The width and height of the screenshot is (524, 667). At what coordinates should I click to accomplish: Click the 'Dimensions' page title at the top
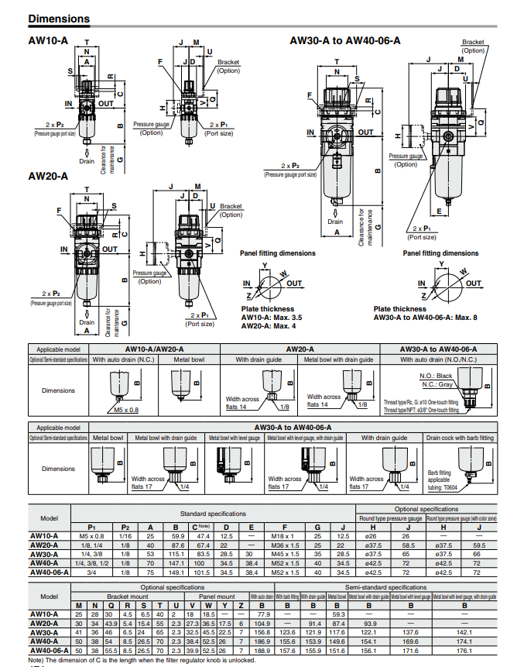[58, 18]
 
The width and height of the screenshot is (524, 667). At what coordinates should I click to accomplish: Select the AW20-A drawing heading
[47, 176]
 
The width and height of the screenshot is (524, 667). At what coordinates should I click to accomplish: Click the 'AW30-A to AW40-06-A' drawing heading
[350, 40]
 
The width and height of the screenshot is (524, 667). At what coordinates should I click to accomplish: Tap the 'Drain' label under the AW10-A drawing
[87, 161]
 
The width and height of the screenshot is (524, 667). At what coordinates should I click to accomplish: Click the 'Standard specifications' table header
[214, 514]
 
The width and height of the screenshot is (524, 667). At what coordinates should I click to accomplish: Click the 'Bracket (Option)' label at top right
[473, 46]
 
